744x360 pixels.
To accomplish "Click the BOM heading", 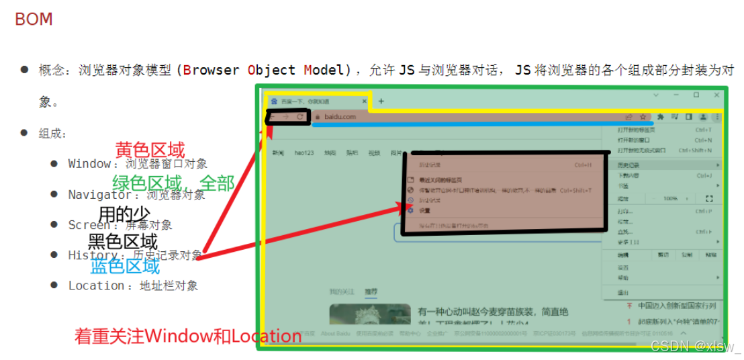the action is (34, 19).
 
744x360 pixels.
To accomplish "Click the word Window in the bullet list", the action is (89, 164).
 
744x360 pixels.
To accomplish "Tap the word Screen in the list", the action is (89, 225).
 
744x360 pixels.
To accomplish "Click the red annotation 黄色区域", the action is (150, 150).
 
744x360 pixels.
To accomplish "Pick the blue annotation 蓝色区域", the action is (125, 267).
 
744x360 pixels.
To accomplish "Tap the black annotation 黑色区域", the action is (123, 242).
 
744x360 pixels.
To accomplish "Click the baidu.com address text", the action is (340, 117).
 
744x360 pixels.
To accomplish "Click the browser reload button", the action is (300, 117).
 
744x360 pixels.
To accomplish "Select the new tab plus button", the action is (381, 101).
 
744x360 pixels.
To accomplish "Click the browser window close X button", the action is (716, 95).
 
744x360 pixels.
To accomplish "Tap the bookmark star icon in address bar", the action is (643, 117).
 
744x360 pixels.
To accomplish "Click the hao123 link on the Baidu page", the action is (304, 153).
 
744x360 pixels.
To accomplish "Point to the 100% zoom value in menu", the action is (670, 199).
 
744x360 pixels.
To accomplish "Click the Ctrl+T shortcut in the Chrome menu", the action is (703, 130).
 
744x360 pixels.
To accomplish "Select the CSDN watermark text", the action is (694, 346).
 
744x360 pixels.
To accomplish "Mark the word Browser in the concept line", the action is (211, 71).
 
